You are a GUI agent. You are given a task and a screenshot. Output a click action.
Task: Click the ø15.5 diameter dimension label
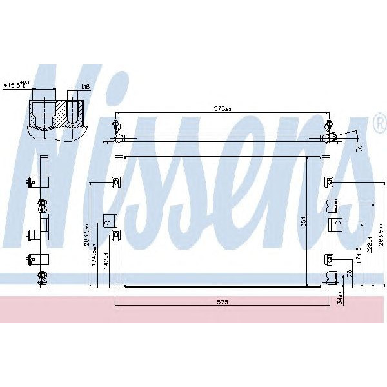[17, 84]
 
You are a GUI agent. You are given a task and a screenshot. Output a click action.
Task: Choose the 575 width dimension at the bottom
[222, 302]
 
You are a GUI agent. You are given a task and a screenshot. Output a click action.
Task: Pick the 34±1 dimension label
[340, 298]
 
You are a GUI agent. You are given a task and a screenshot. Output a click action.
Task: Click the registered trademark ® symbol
[379, 121]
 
